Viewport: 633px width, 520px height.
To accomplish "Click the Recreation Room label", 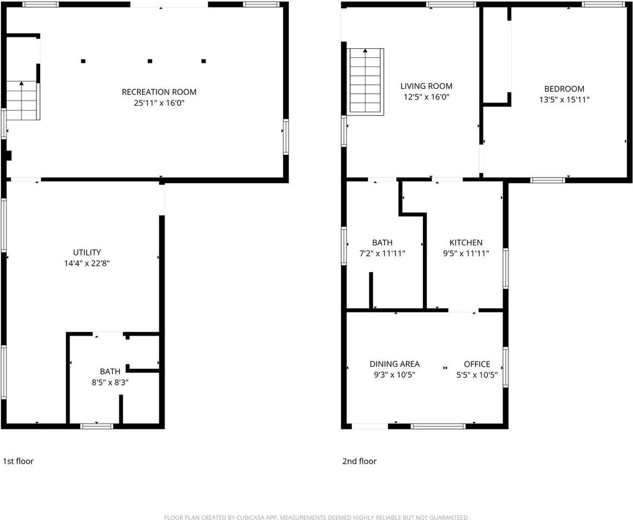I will pyautogui.click(x=159, y=92).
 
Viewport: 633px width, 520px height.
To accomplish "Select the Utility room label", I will pyautogui.click(x=87, y=252).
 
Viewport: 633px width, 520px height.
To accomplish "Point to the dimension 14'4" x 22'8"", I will pyautogui.click(x=87, y=263).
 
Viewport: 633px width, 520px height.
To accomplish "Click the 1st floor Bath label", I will pyautogui.click(x=110, y=372).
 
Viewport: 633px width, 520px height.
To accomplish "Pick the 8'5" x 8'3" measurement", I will pyautogui.click(x=110, y=382).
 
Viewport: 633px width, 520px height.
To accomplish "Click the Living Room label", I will pyautogui.click(x=426, y=86).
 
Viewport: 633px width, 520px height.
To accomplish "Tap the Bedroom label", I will pyautogui.click(x=564, y=89).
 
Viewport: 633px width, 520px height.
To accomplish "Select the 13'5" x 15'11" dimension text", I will pyautogui.click(x=564, y=100).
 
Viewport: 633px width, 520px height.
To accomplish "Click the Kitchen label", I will pyautogui.click(x=466, y=243).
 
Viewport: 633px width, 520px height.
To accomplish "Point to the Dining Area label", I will pyautogui.click(x=394, y=364).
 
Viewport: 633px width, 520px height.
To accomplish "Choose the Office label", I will pyautogui.click(x=477, y=364).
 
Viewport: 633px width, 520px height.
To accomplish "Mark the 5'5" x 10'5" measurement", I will pyautogui.click(x=477, y=375).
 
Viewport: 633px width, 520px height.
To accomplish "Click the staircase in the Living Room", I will pyautogui.click(x=366, y=81).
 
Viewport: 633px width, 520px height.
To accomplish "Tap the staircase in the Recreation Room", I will pyautogui.click(x=22, y=101).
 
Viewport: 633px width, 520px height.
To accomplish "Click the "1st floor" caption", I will pyautogui.click(x=18, y=461).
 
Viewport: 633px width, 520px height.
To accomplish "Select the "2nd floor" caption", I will pyautogui.click(x=359, y=461).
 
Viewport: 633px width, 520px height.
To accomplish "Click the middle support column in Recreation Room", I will pyautogui.click(x=150, y=61).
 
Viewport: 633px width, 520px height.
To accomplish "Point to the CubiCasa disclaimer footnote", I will pyautogui.click(x=316, y=518).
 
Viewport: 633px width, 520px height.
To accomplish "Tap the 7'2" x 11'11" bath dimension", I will pyautogui.click(x=382, y=253).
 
